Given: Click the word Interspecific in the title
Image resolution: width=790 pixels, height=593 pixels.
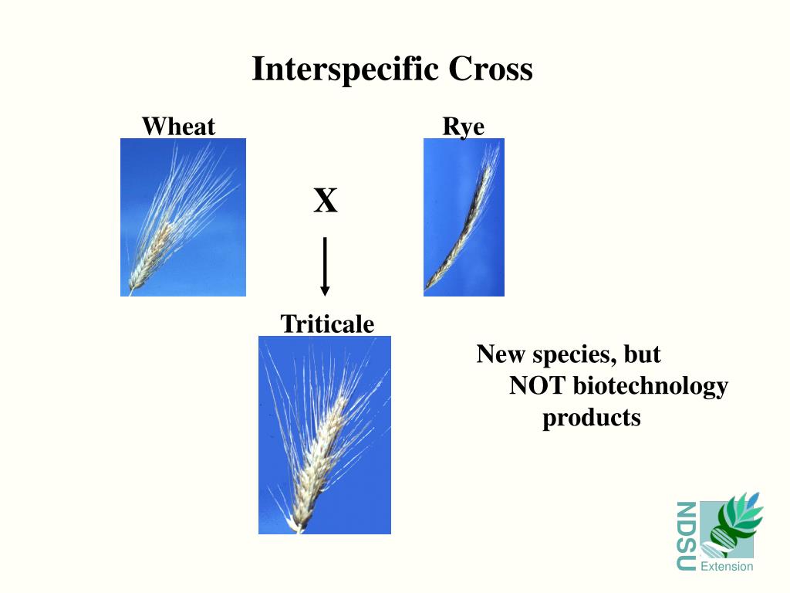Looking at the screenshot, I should (x=346, y=69).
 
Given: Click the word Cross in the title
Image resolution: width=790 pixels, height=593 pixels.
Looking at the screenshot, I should (x=491, y=69).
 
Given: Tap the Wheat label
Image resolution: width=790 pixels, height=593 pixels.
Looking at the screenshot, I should (x=178, y=126).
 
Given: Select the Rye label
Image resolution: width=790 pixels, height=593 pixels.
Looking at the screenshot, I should (x=463, y=126).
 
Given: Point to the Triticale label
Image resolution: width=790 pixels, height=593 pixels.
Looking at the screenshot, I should (x=327, y=324).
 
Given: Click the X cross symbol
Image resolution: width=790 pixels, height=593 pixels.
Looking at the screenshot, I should (x=325, y=201).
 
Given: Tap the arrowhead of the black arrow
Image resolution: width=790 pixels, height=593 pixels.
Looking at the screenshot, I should (x=325, y=290).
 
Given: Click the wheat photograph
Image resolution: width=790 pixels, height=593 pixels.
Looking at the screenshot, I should (x=183, y=217).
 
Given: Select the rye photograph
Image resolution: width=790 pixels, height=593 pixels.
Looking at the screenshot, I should (x=464, y=217).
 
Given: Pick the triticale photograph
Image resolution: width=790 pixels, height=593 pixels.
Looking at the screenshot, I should (x=324, y=435).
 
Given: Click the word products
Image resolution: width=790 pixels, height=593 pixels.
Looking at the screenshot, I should (x=591, y=418).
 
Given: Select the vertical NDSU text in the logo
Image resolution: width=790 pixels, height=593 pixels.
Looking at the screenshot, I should (x=686, y=536).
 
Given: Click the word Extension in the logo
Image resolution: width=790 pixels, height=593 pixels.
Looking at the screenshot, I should (x=726, y=567).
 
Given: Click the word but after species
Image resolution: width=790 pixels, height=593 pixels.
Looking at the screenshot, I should (x=643, y=354).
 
